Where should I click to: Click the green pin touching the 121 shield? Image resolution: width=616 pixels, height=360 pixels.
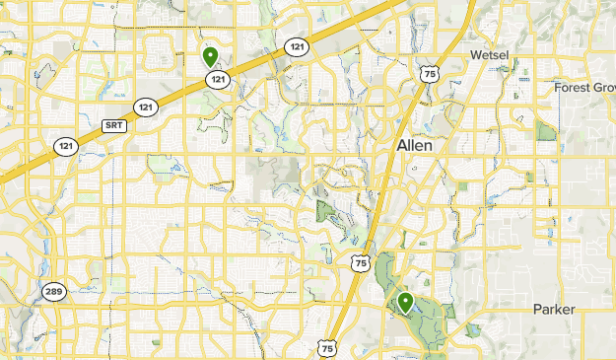tap(210, 56)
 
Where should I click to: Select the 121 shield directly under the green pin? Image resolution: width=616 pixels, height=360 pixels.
tap(219, 79)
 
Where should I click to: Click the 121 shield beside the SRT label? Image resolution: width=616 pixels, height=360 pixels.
tap(146, 107)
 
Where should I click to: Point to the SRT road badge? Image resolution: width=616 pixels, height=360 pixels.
tap(114, 125)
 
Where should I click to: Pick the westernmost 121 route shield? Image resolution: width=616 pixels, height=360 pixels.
tap(65, 146)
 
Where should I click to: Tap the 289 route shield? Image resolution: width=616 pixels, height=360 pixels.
tap(52, 291)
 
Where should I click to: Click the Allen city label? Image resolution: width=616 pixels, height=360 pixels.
tap(415, 144)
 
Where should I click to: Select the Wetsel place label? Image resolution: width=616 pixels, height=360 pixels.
tap(490, 54)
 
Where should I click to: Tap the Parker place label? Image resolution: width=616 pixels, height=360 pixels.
tap(554, 310)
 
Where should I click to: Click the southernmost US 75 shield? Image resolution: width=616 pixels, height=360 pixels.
tap(327, 347)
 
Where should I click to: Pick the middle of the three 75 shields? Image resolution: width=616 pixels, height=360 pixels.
tap(360, 263)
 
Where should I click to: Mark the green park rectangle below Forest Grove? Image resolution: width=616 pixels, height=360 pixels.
tap(546, 131)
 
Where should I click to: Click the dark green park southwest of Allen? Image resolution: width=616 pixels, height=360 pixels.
tap(326, 210)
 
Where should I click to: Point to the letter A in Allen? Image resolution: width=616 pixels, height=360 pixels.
tap(401, 144)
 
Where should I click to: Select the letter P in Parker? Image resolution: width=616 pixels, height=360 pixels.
tap(537, 310)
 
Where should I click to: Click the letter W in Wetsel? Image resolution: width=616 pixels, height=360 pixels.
tap(475, 54)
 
